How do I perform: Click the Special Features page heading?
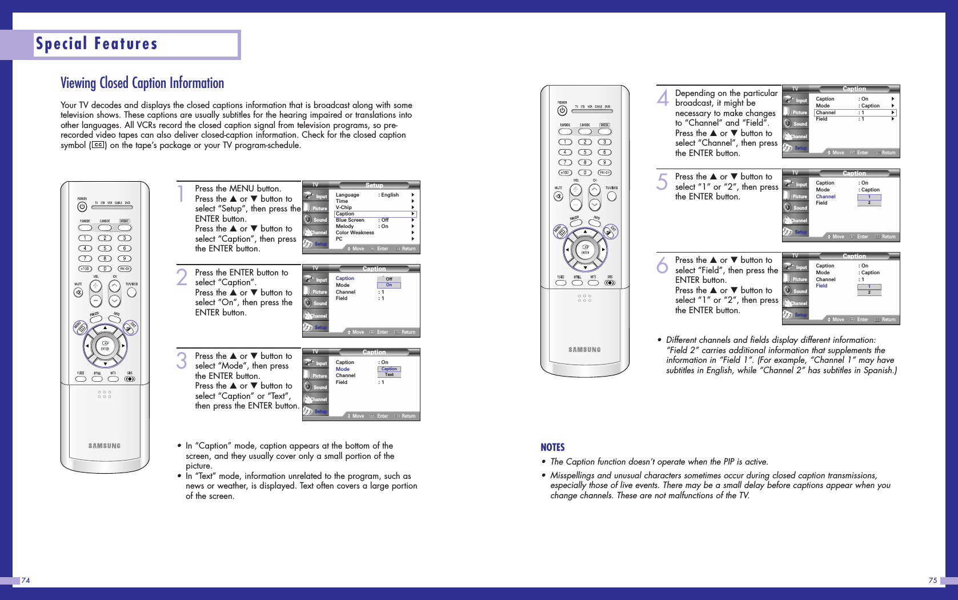(97, 44)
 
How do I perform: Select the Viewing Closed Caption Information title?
(142, 83)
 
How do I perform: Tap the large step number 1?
(181, 194)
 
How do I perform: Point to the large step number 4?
(663, 98)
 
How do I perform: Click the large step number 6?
(662, 265)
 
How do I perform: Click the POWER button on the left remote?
(82, 207)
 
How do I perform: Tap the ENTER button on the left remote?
(105, 345)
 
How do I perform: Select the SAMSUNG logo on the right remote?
(584, 350)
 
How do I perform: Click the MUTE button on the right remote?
(558, 197)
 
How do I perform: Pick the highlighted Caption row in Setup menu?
(375, 214)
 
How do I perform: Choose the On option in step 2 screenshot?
(389, 285)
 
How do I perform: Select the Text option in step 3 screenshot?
(390, 375)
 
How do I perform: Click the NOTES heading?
(552, 447)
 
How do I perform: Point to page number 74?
(26, 581)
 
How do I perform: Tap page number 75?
(932, 581)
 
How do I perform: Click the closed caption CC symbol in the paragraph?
(98, 145)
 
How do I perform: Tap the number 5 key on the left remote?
(105, 249)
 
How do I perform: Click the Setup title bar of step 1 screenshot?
(374, 185)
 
